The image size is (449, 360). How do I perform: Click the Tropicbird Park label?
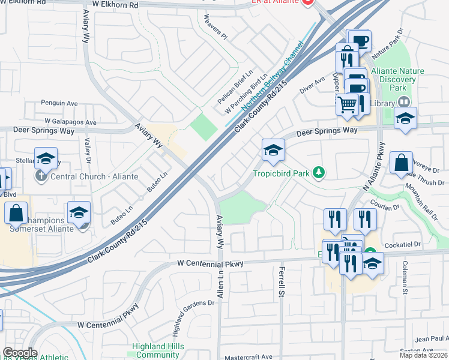pyautogui.click(x=280, y=173)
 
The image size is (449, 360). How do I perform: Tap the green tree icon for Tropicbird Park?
pyautogui.click(x=319, y=173)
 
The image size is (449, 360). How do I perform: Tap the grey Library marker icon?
pyautogui.click(x=403, y=103)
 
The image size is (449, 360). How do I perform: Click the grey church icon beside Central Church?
pyautogui.click(x=41, y=176)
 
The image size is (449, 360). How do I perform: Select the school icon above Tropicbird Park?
pyautogui.click(x=273, y=150)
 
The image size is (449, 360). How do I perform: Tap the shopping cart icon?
pyautogui.click(x=348, y=105)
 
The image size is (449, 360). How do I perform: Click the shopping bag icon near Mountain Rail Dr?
pyautogui.click(x=400, y=163)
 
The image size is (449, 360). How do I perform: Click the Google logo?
pyautogui.click(x=20, y=353)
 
